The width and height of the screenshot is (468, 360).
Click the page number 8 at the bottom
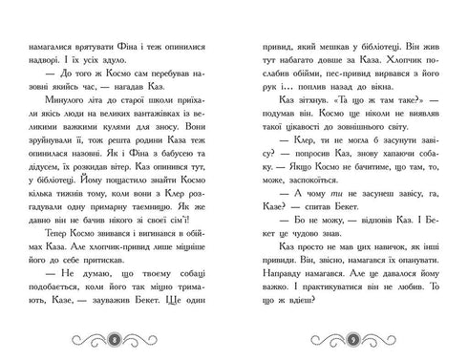point(115,339)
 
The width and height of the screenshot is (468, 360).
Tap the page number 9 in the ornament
point(353,339)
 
